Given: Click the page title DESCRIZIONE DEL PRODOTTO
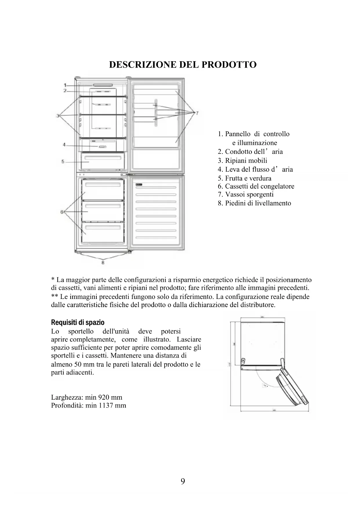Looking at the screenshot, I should [183, 64].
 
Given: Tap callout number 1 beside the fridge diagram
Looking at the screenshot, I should [65, 85].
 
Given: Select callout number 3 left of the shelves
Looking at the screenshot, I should [58, 116].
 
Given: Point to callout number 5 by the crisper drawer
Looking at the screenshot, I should [63, 161].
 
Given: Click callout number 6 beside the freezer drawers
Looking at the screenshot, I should [62, 212].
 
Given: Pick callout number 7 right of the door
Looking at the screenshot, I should [197, 113].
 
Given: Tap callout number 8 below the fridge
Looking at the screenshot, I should [103, 263].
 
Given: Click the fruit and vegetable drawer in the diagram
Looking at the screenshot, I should [103, 161].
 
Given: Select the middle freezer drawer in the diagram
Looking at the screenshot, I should [103, 211].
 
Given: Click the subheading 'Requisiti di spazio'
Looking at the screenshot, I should [77, 322].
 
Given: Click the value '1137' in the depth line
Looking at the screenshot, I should [106, 405].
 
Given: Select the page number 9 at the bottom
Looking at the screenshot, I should [183, 481].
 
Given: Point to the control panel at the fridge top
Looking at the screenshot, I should [103, 85].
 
